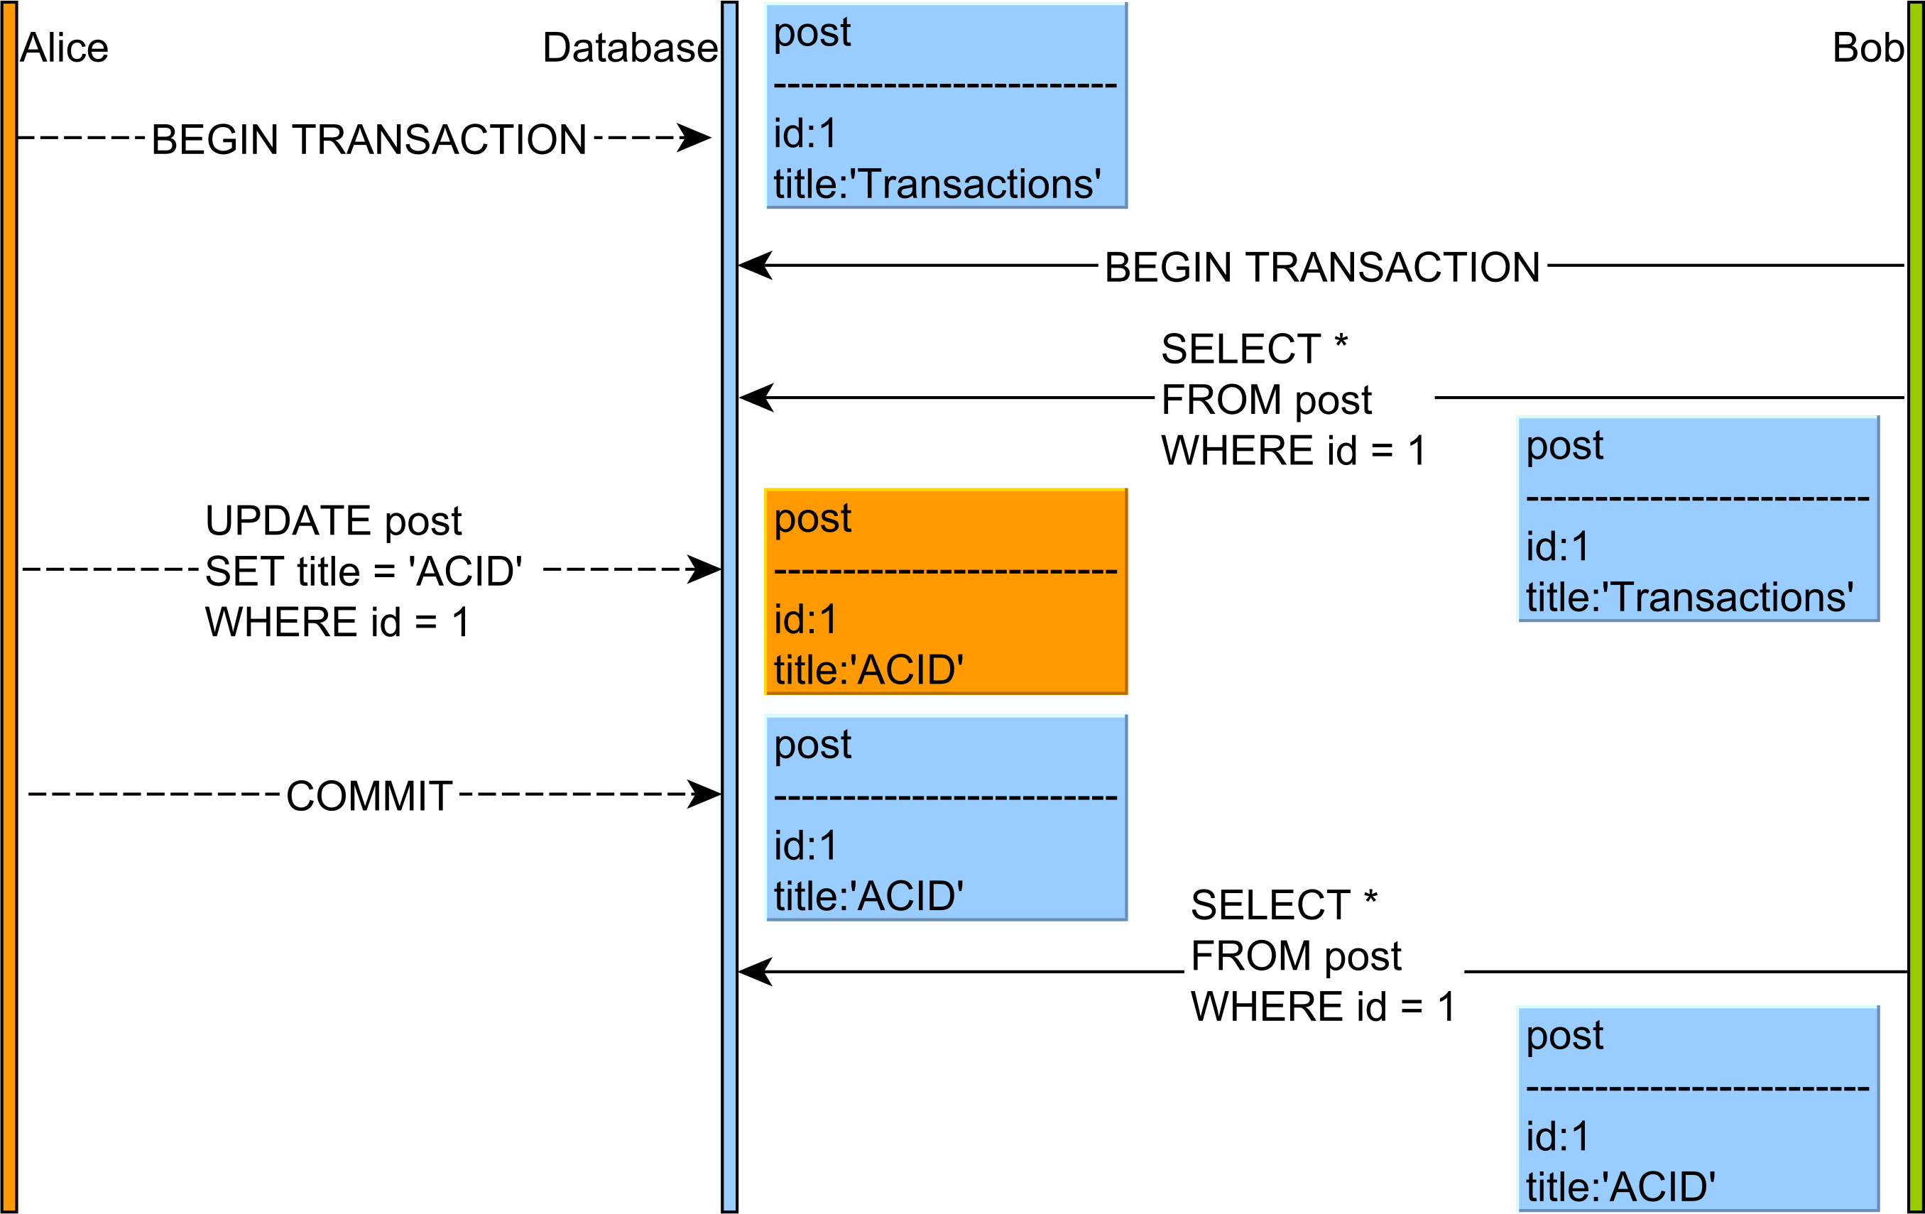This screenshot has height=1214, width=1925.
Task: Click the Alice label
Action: [64, 48]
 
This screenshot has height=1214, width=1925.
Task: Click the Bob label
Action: [1868, 48]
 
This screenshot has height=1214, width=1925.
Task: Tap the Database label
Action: [630, 48]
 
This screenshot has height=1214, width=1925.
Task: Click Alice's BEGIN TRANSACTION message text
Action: [369, 140]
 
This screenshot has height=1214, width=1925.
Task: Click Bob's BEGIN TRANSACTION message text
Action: [1321, 267]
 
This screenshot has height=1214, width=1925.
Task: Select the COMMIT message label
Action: [369, 796]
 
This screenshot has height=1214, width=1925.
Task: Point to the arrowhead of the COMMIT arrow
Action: [705, 794]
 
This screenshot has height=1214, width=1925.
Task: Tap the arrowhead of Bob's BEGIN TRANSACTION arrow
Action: [755, 266]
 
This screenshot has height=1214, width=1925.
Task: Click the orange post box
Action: [946, 591]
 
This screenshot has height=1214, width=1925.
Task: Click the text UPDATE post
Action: [333, 521]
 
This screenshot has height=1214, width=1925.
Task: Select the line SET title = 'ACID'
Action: [364, 572]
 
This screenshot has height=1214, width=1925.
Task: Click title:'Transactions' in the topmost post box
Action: [937, 184]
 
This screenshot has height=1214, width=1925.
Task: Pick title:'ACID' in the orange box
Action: [869, 669]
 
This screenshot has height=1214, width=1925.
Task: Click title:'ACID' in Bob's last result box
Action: [1621, 1186]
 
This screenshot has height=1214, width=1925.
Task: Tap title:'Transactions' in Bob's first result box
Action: [1689, 597]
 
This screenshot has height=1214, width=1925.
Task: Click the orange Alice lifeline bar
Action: [9, 608]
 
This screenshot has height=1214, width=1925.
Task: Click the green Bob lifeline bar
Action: [1915, 608]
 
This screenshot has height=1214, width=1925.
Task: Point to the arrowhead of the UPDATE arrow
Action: [705, 570]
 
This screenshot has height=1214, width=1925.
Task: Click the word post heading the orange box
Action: [813, 518]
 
